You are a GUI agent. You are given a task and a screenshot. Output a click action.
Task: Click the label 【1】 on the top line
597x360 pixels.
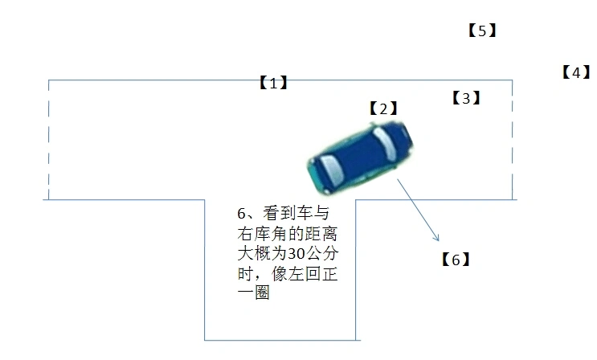(x=273, y=82)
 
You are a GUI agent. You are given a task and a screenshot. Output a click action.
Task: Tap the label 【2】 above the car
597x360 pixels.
(x=383, y=108)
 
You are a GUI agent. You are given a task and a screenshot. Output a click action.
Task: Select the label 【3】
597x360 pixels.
(x=466, y=98)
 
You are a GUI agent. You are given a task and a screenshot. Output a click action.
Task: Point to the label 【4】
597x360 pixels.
(x=576, y=72)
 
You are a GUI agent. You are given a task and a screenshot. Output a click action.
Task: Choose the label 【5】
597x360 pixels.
(x=482, y=31)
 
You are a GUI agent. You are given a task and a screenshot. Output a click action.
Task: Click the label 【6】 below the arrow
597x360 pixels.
(x=456, y=260)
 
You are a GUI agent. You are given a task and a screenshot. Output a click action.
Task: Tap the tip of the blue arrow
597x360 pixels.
(x=439, y=241)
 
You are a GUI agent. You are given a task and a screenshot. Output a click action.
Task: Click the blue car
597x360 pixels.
(x=360, y=157)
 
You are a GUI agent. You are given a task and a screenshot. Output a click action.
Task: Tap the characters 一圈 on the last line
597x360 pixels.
(x=254, y=292)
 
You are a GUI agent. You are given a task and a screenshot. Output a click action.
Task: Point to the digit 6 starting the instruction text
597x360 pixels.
(x=241, y=214)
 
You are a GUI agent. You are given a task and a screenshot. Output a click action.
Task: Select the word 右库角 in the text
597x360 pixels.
(x=262, y=234)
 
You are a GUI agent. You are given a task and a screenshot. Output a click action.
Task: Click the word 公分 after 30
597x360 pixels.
(x=322, y=253)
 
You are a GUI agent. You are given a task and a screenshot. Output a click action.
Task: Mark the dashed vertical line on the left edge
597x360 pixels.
(x=49, y=140)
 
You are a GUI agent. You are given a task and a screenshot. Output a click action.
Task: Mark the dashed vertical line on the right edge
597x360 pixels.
(x=513, y=140)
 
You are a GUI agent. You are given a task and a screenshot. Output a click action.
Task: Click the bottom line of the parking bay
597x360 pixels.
(x=282, y=340)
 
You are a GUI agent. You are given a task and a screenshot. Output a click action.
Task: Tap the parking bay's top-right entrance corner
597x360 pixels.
(x=356, y=199)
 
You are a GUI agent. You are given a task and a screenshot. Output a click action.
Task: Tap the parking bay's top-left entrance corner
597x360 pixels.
(x=205, y=199)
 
